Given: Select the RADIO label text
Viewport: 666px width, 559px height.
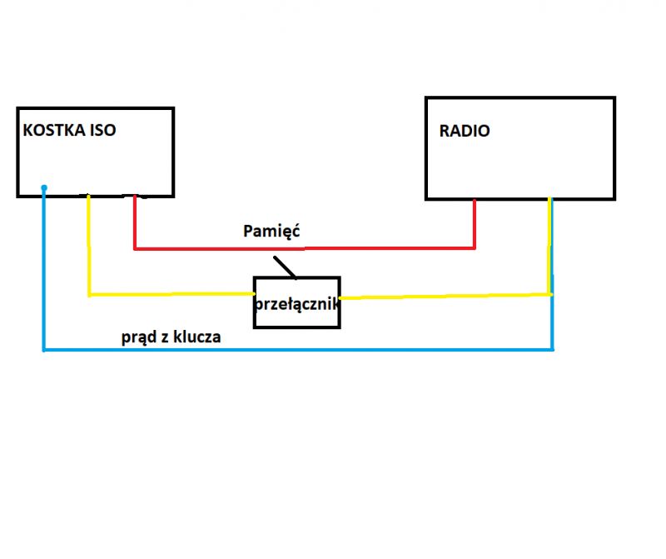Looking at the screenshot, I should click(465, 131).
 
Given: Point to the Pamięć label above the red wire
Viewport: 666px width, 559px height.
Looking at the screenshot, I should click(271, 231).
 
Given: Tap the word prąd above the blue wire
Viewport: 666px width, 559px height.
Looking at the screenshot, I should click(139, 338).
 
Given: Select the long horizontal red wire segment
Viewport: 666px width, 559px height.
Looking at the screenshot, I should click(304, 248).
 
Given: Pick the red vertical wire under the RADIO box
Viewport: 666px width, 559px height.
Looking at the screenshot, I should click(475, 223).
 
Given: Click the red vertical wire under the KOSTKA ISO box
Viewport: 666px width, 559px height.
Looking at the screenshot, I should click(135, 223).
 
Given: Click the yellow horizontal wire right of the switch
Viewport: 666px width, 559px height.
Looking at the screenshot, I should click(445, 295).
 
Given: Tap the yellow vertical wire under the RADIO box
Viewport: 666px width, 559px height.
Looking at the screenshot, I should click(549, 246).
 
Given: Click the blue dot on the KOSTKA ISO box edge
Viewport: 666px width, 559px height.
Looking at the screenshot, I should click(43, 188).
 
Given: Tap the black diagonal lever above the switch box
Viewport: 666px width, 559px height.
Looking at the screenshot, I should click(284, 267).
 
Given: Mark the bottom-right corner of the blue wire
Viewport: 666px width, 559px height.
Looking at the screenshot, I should click(552, 350).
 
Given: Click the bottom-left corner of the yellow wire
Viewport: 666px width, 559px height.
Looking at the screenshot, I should click(89, 294).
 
